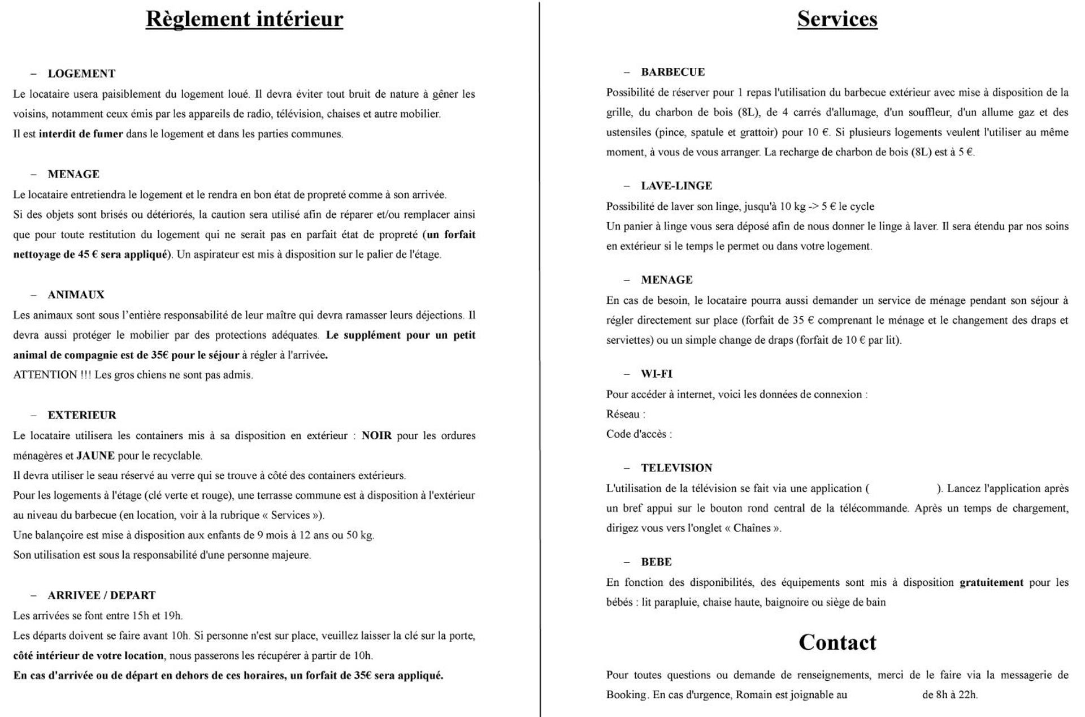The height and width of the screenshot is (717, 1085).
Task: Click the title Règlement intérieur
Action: coord(244,19)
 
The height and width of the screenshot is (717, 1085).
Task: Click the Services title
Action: coord(837,19)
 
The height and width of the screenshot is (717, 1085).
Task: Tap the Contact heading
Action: coord(837,642)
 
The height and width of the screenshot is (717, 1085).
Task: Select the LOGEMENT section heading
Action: coord(81,74)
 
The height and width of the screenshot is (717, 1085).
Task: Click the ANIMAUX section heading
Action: coord(76,295)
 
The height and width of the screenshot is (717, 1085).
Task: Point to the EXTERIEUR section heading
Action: coord(82,415)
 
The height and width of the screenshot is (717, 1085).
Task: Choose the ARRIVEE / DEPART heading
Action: coord(101,595)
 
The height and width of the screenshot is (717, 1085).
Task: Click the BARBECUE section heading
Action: coord(672,72)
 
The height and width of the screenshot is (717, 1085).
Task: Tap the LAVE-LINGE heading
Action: coord(676,185)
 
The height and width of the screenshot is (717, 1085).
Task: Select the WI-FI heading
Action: coord(656,374)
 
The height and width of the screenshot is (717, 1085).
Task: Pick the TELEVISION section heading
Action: coord(676,468)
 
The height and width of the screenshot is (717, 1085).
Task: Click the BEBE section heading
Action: coord(656,561)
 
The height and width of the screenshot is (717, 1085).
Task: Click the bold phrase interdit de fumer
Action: coord(81,134)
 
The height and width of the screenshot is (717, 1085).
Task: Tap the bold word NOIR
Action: coord(376,435)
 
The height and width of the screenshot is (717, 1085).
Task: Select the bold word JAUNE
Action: coord(96,455)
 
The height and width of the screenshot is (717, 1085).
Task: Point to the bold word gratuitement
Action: coord(991,582)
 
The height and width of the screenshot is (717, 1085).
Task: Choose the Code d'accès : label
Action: coord(639,434)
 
